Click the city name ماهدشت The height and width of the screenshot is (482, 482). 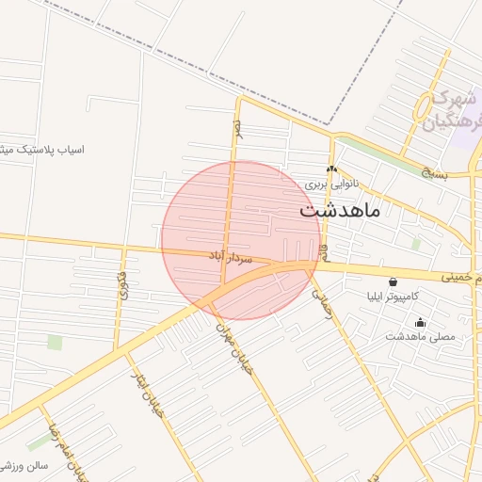click(x=340, y=210)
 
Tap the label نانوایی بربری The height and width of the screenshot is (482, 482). click(x=330, y=185)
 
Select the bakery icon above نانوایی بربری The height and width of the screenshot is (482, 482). click(x=330, y=170)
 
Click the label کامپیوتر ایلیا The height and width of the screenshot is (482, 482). click(x=394, y=297)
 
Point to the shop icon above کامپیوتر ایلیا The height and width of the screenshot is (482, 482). click(x=393, y=281)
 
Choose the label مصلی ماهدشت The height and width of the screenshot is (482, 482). click(x=420, y=336)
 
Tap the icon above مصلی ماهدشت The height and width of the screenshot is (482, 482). click(x=420, y=323)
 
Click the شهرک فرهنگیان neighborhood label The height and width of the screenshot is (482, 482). click(x=445, y=109)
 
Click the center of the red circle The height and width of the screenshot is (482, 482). click(x=241, y=241)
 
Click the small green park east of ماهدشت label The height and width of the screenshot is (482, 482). click(x=415, y=243)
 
